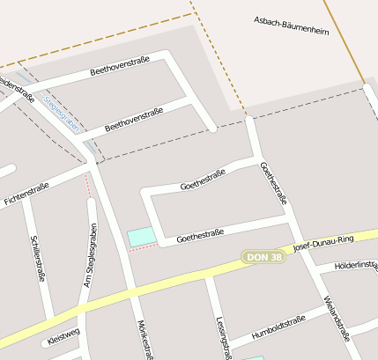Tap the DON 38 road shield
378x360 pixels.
click(x=264, y=257)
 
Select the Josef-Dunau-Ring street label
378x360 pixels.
click(x=323, y=242)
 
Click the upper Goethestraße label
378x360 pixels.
click(x=204, y=180)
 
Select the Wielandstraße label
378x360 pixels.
click(x=336, y=318)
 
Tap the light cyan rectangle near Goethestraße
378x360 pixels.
click(x=142, y=236)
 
